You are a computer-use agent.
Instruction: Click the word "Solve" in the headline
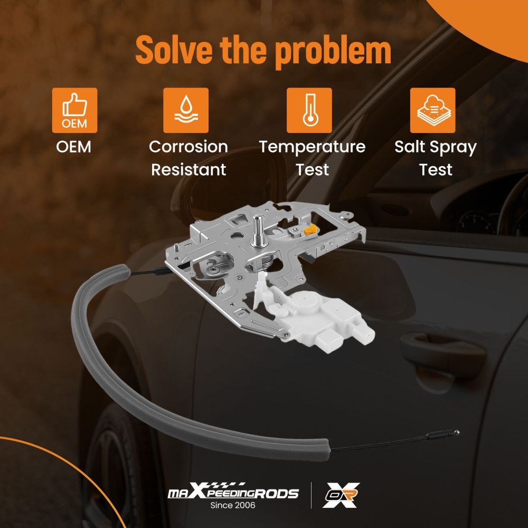tap(174, 50)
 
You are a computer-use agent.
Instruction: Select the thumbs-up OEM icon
tap(75, 110)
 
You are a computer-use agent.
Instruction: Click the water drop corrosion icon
tap(186, 110)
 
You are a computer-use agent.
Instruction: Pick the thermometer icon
tap(309, 110)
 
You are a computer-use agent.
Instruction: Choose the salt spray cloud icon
tap(433, 110)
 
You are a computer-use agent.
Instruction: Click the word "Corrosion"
tap(188, 147)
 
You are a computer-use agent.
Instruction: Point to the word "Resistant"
tap(188, 169)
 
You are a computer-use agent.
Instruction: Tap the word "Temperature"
tap(312, 147)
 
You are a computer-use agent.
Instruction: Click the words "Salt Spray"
tap(436, 147)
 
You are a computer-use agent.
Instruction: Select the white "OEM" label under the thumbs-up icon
tap(73, 147)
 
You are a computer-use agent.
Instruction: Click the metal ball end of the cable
tap(456, 432)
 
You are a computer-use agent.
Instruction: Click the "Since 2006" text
tap(233, 505)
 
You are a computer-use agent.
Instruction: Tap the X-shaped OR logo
tap(341, 495)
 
